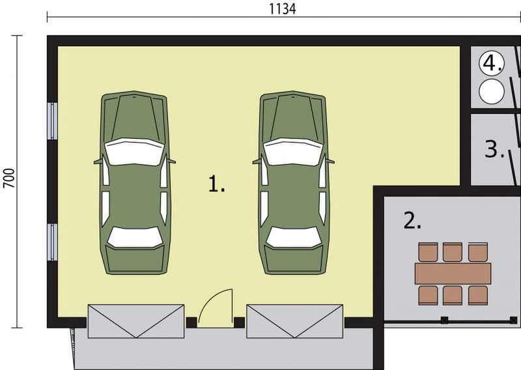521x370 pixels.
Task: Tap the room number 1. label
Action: tap(216, 184)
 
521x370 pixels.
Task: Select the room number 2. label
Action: tap(412, 221)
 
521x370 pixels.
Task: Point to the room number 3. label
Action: tap(495, 150)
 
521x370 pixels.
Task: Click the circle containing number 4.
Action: tap(492, 63)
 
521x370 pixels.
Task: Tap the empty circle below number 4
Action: tap(492, 91)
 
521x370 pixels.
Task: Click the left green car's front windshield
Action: tap(134, 152)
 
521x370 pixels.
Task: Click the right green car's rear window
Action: tap(292, 237)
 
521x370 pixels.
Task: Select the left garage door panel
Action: tap(135, 320)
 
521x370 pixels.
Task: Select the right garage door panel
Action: tap(294, 320)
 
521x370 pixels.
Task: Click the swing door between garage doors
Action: tap(215, 309)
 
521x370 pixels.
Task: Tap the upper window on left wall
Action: tap(53, 121)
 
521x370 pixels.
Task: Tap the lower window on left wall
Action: tap(53, 241)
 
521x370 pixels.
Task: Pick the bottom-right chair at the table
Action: tap(478, 295)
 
